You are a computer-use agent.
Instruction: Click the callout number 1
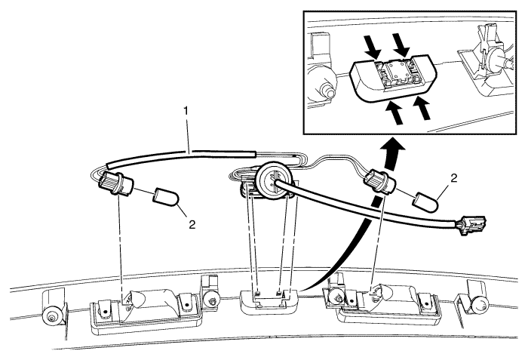click(186, 112)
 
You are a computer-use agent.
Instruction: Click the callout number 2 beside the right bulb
click(454, 179)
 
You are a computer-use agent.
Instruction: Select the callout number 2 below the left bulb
click(192, 225)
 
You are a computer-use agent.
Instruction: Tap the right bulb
click(426, 202)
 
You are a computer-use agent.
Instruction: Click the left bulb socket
click(115, 183)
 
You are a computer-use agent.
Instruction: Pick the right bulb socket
click(380, 183)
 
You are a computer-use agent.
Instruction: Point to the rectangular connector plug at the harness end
click(471, 224)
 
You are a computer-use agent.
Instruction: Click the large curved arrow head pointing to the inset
click(393, 149)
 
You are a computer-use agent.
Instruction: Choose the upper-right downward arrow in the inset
click(401, 45)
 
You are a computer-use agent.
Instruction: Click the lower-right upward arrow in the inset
click(422, 108)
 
